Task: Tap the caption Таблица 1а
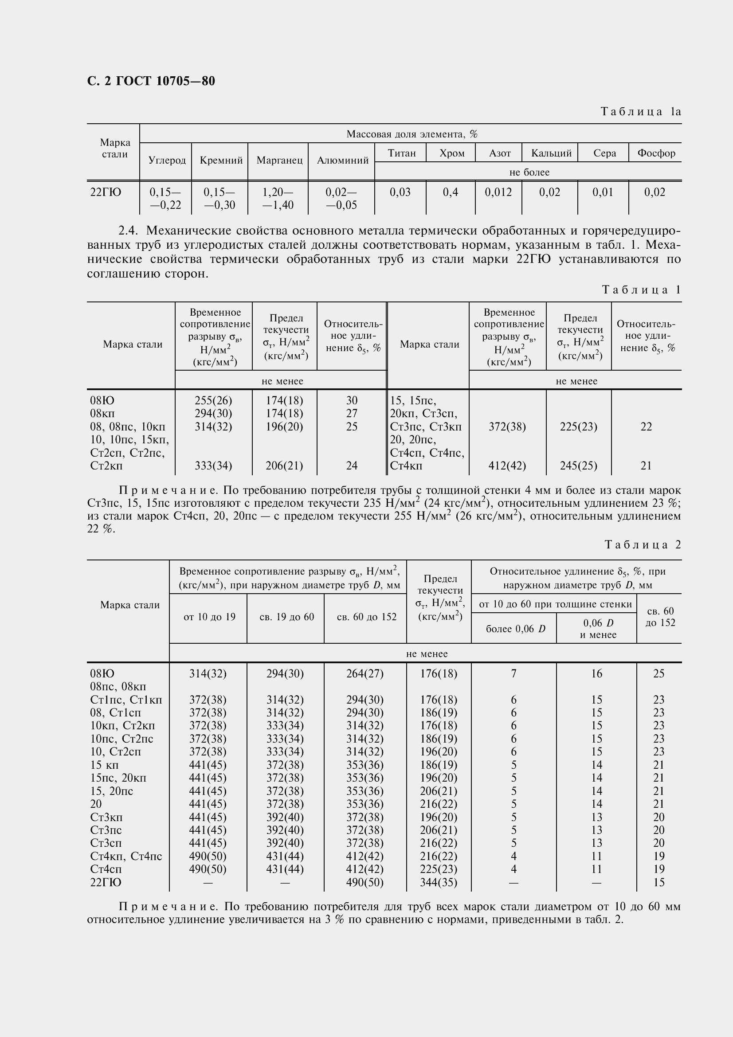(640, 112)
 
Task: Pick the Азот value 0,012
(498, 192)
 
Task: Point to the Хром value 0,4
(450, 192)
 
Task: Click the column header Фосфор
(656, 153)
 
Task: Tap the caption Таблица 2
(642, 545)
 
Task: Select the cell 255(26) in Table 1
(213, 401)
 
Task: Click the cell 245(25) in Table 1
(579, 466)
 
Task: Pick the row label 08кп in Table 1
(102, 414)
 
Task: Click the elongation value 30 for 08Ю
(352, 401)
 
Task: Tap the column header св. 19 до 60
(286, 617)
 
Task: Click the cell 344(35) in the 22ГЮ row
(439, 883)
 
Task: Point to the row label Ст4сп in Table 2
(106, 869)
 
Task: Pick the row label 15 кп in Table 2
(104, 765)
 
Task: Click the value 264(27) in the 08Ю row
(365, 674)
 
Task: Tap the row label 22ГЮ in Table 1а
(106, 192)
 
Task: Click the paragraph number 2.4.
(127, 231)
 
